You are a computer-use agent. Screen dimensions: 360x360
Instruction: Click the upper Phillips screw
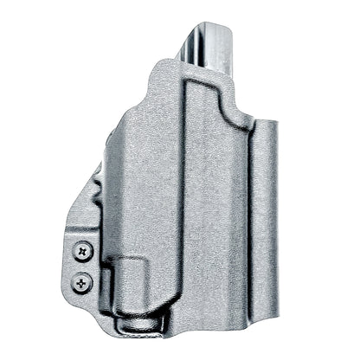coord(83,251)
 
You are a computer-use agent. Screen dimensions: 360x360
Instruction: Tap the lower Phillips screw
coord(84,280)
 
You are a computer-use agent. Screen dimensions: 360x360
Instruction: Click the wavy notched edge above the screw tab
coord(87,208)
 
